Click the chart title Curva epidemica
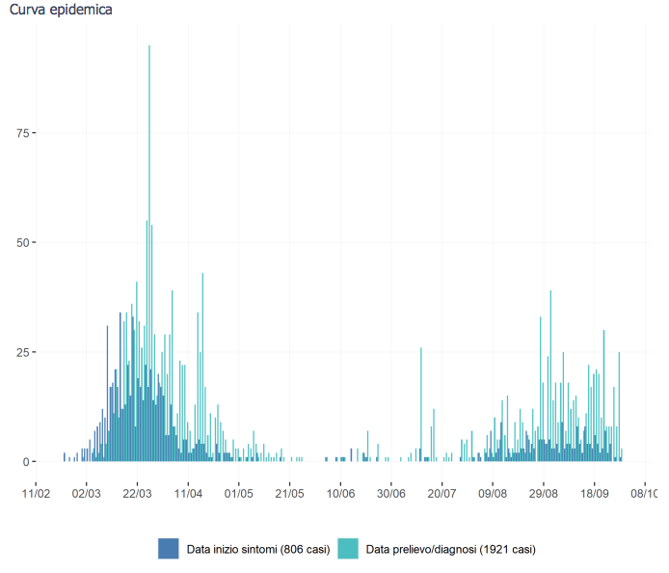click(x=60, y=11)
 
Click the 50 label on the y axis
click(x=23, y=242)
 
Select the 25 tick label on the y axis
click(x=23, y=352)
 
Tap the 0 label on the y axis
click(x=26, y=461)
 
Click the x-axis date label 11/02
click(x=36, y=494)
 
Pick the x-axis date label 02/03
click(x=87, y=494)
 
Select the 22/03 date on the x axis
click(x=137, y=494)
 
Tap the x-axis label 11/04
click(x=188, y=494)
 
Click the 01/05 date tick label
click(x=239, y=494)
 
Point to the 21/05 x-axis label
click(x=289, y=494)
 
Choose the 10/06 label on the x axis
click(x=340, y=494)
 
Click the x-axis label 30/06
click(x=391, y=494)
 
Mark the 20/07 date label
click(x=442, y=494)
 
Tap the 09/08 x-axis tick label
click(x=493, y=494)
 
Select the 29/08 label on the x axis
click(x=544, y=494)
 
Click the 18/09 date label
click(x=594, y=494)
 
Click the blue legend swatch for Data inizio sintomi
click(x=170, y=549)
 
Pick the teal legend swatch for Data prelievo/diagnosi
click(x=348, y=549)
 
